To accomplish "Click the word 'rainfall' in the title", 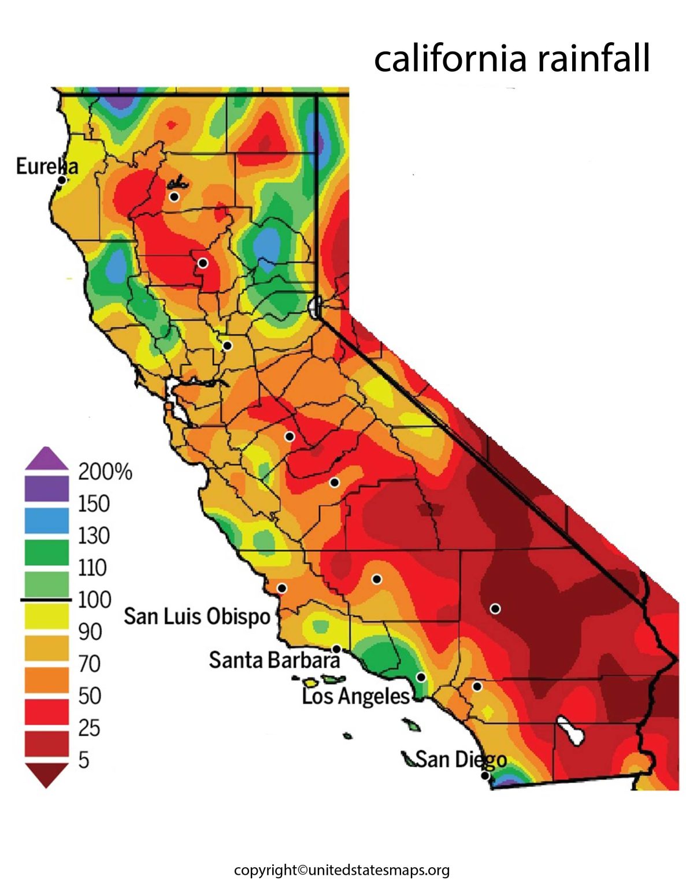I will (592, 58).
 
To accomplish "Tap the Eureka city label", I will (46, 166).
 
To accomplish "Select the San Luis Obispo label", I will (197, 616).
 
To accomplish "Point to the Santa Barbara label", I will (274, 660).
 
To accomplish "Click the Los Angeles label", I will (355, 696).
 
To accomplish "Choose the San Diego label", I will (461, 759).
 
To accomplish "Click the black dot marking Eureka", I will (61, 180).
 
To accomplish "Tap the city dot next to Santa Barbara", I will (336, 649).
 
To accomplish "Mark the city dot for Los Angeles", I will (421, 677).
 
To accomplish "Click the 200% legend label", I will (105, 472).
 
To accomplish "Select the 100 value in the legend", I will (94, 600).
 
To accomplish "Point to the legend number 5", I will (84, 760).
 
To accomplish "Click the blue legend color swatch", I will (46, 520).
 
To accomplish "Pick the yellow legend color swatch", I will (46, 616).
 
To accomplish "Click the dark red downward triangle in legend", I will (46, 775).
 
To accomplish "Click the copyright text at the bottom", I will (342, 870).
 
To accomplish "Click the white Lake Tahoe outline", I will (314, 306).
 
